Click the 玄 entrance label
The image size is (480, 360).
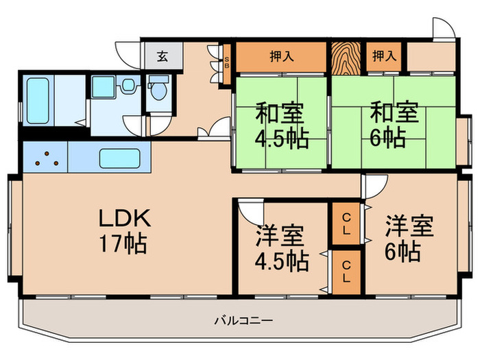163,56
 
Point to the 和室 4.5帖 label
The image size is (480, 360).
280,125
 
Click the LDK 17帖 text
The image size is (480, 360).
122,231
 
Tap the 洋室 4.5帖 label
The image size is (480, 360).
281,248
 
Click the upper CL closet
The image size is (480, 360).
347,224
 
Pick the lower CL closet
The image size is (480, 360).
347,272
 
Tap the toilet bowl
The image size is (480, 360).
158,91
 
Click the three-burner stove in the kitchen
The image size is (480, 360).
45,157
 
